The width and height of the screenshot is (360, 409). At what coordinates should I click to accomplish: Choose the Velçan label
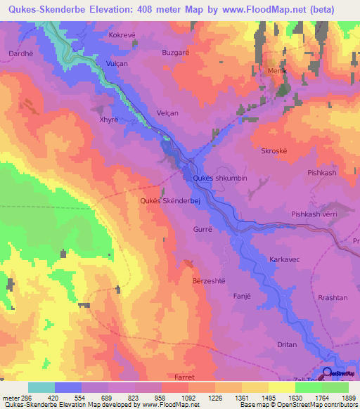click(167, 113)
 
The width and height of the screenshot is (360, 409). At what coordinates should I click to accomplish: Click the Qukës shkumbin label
click(219, 178)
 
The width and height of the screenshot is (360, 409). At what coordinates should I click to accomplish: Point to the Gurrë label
click(202, 229)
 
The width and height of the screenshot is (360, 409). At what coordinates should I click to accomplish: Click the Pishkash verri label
click(315, 214)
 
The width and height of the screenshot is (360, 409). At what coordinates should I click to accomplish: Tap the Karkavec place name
click(285, 259)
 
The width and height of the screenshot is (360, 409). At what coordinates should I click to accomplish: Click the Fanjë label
click(242, 297)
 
